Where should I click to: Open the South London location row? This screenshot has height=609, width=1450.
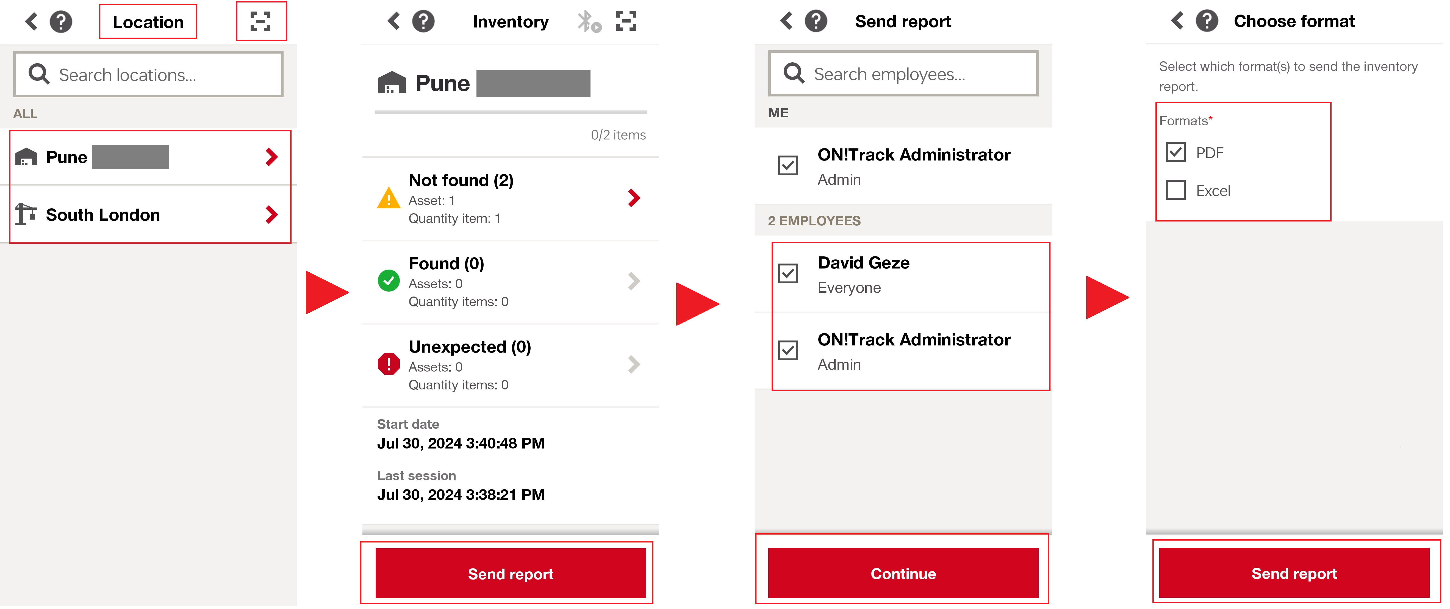(x=148, y=214)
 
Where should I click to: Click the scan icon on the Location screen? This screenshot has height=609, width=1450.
(x=260, y=21)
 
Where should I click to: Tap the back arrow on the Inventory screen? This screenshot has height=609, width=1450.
(x=393, y=21)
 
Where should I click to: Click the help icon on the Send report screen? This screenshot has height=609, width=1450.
(x=816, y=21)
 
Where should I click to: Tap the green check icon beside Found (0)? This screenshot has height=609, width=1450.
(x=388, y=280)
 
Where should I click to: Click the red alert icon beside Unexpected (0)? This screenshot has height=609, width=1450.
(x=388, y=364)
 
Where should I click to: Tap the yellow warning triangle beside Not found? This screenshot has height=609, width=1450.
(x=388, y=198)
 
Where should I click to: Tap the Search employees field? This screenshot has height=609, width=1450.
(x=903, y=74)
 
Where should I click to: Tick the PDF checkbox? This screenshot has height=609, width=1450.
(x=1175, y=152)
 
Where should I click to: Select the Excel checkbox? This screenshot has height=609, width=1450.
(x=1175, y=190)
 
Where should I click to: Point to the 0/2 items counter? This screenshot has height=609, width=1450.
(x=618, y=135)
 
